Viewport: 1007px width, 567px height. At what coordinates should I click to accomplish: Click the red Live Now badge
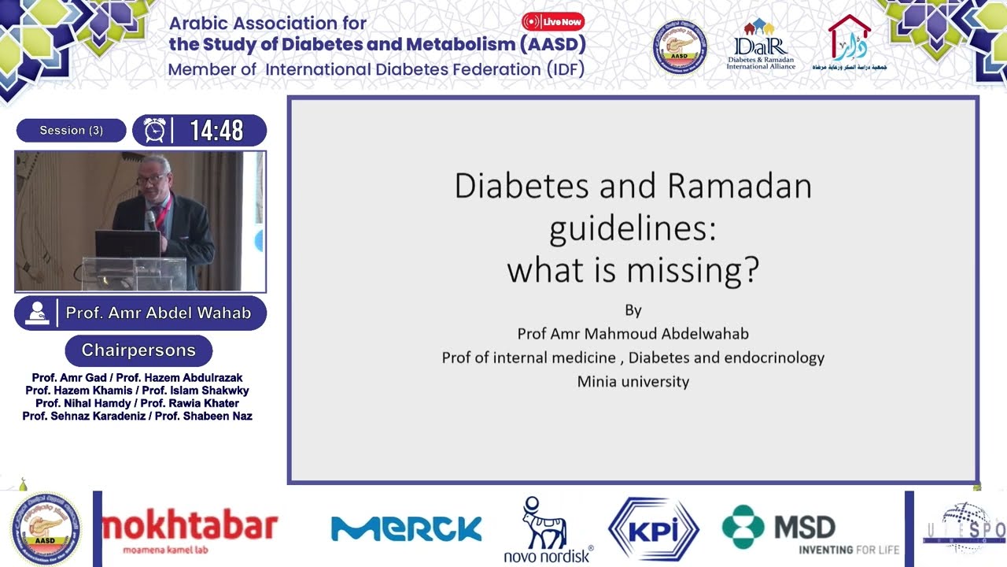(x=553, y=22)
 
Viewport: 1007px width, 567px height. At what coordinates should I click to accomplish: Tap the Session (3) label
(x=71, y=131)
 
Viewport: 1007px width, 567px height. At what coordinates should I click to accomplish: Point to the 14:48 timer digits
(x=216, y=131)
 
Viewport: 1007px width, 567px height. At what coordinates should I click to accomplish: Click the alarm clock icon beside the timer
(x=155, y=131)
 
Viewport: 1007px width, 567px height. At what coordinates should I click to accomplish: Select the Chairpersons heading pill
(x=138, y=350)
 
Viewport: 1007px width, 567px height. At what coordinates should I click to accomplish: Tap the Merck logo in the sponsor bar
(x=406, y=528)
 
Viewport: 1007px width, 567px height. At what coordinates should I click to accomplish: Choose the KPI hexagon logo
(x=653, y=528)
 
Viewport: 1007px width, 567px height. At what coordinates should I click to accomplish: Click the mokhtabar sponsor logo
(x=190, y=529)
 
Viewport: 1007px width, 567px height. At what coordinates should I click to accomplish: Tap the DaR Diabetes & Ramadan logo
(x=761, y=45)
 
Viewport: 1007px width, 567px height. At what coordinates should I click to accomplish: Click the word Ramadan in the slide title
(x=740, y=187)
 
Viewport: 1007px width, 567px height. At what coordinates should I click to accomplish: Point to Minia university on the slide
(x=633, y=382)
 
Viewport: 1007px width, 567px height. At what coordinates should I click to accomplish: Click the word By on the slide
(x=633, y=309)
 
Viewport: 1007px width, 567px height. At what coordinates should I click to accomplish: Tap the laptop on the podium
(x=127, y=244)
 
